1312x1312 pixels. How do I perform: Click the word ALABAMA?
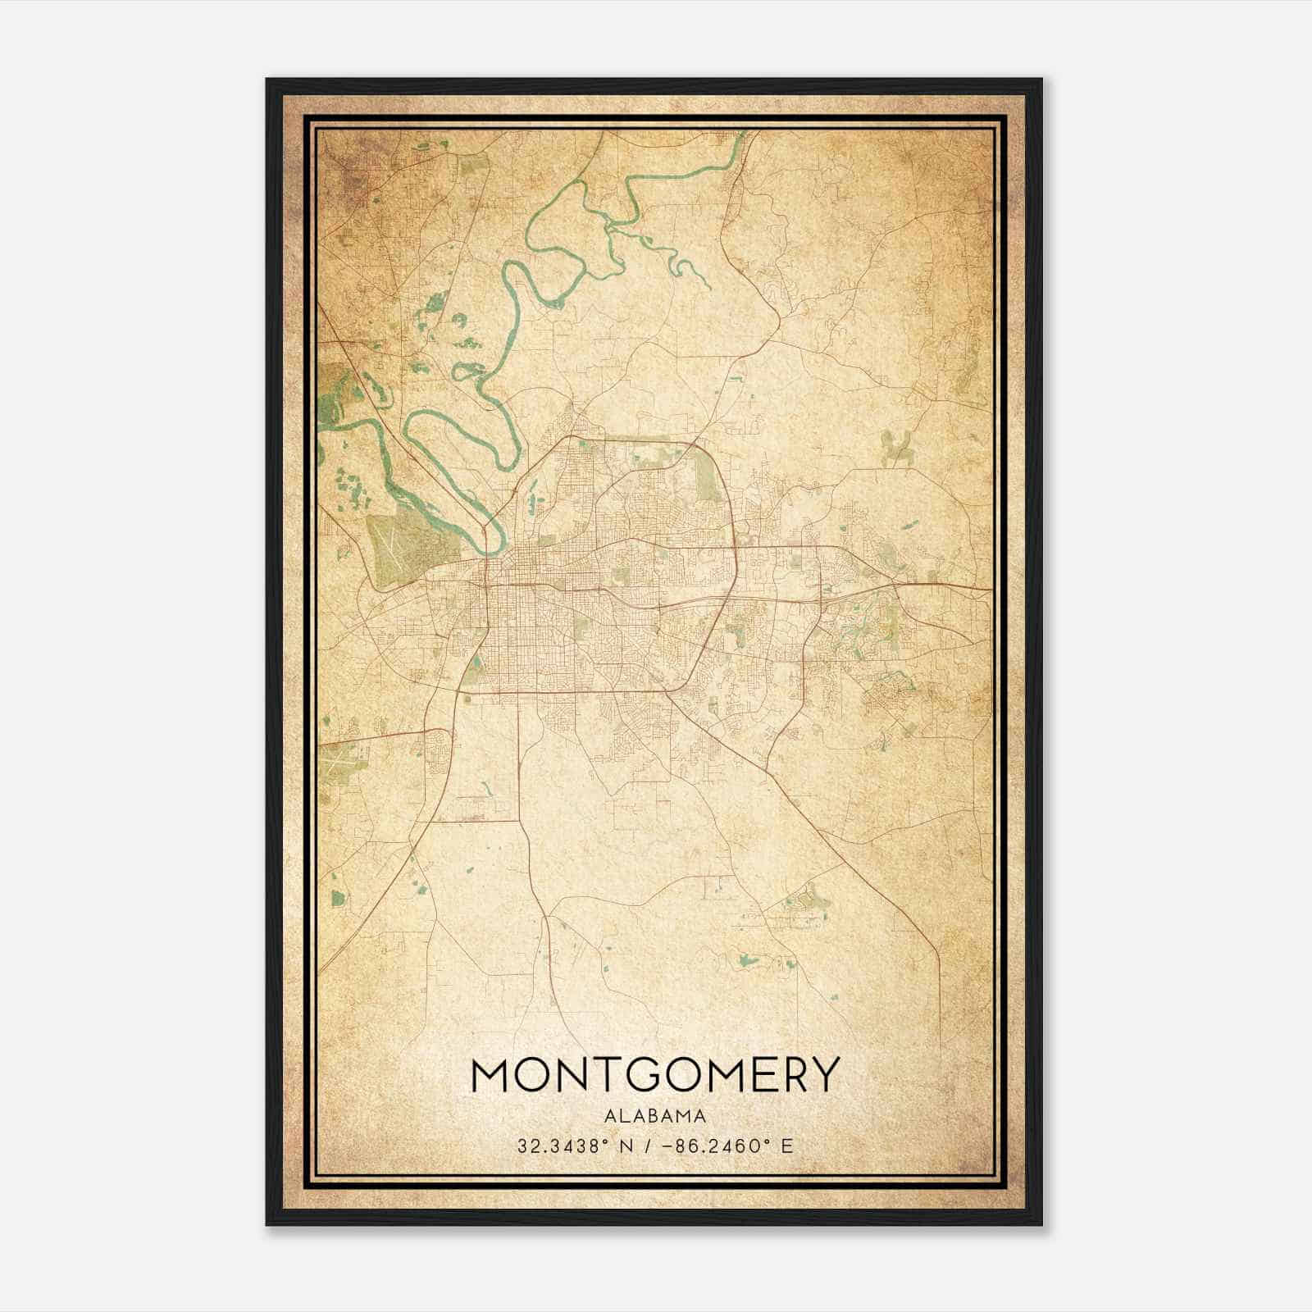[655, 1115]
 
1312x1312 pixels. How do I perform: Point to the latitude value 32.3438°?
[558, 1146]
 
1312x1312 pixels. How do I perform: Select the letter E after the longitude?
[787, 1146]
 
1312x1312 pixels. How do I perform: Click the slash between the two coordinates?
[648, 1146]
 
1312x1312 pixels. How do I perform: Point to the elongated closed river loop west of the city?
[459, 435]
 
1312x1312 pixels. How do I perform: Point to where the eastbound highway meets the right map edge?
[991, 587]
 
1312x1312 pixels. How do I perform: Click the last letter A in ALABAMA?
[700, 1115]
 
